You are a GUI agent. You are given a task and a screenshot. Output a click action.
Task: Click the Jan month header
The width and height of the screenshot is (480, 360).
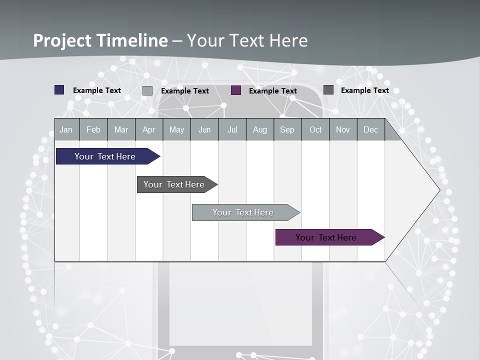click(66, 129)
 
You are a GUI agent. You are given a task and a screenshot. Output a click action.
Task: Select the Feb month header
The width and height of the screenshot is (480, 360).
click(93, 129)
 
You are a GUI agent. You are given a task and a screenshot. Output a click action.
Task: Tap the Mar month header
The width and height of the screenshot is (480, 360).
click(121, 129)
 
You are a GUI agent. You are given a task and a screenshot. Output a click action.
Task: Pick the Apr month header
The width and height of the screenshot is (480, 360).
click(148, 129)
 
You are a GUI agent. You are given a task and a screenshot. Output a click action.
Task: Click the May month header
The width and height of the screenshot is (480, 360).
click(176, 129)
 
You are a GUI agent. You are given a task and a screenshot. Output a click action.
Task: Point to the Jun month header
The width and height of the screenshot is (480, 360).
click(204, 129)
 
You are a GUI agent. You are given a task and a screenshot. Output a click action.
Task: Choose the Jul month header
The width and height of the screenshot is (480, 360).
click(232, 129)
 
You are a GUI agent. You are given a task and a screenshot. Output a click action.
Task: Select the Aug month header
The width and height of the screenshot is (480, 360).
click(260, 129)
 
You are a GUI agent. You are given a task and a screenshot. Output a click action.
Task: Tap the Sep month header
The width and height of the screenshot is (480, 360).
click(287, 129)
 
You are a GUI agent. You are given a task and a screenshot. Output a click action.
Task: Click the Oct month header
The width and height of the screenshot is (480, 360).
click(315, 129)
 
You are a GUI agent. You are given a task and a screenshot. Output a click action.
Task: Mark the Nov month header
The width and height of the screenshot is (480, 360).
click(343, 129)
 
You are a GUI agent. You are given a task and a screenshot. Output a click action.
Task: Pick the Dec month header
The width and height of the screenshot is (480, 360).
click(370, 129)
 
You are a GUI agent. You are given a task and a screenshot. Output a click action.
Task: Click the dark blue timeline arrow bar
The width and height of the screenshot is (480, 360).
click(105, 156)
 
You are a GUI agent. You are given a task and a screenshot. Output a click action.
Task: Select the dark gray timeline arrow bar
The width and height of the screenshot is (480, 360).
click(174, 184)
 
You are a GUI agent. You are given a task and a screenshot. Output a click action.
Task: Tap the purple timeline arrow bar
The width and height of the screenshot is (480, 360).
click(326, 237)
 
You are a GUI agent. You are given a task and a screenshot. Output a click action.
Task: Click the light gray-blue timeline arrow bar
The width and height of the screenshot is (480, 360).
click(243, 212)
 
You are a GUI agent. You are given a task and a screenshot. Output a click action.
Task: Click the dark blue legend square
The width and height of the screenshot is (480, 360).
click(59, 90)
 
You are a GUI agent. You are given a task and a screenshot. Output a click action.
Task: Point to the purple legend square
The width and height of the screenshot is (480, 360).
click(236, 90)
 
